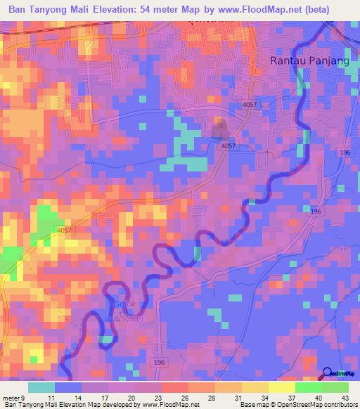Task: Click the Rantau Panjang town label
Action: (x=310, y=61)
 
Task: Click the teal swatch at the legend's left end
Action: (x=41, y=387)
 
